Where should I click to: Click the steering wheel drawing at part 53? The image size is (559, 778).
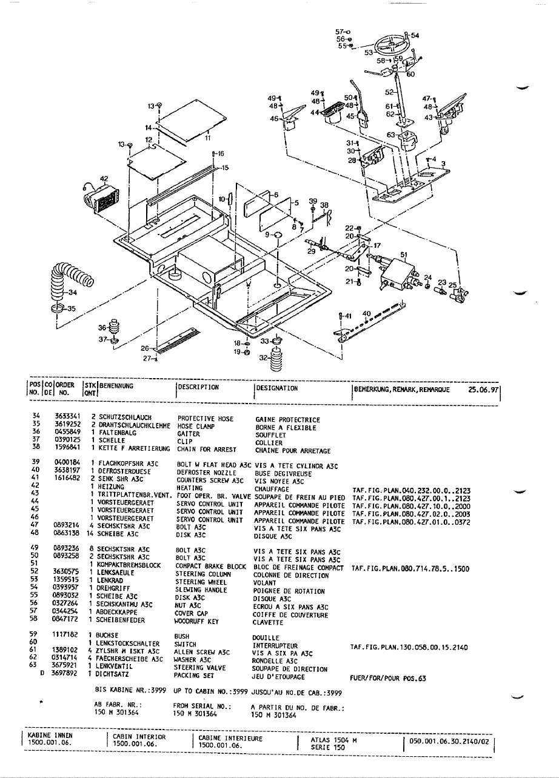tap(392, 45)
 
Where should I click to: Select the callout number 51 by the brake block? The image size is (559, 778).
tap(404, 255)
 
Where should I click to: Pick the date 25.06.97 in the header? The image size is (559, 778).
tap(483, 390)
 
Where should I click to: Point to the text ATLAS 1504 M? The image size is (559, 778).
tap(333, 739)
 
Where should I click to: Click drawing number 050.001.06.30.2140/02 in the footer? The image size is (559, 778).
tap(449, 740)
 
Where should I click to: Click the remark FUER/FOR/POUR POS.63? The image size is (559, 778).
tap(389, 679)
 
